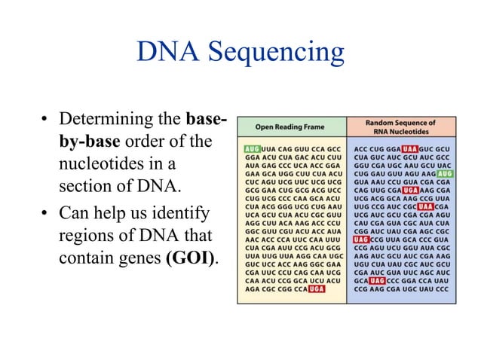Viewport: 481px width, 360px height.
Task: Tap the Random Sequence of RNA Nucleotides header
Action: pos(400,126)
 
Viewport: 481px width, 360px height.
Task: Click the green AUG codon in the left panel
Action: pos(252,149)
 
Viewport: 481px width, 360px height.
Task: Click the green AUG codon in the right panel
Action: pos(445,173)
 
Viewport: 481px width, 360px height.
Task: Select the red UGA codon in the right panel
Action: pos(411,190)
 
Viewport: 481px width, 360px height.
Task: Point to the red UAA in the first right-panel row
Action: pos(410,149)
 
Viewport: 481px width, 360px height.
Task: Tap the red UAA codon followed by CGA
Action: pos(427,206)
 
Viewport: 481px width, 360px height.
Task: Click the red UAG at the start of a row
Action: pos(361,239)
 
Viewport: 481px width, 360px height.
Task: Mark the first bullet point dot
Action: pos(46,121)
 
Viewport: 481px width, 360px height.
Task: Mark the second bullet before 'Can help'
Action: pos(46,214)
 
